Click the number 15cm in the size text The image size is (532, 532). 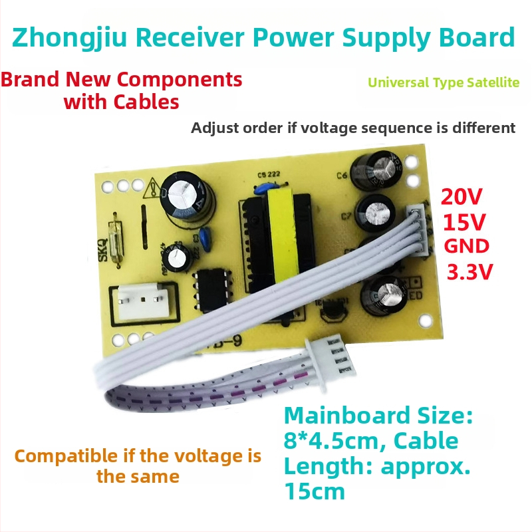pyautogui.click(x=315, y=491)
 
